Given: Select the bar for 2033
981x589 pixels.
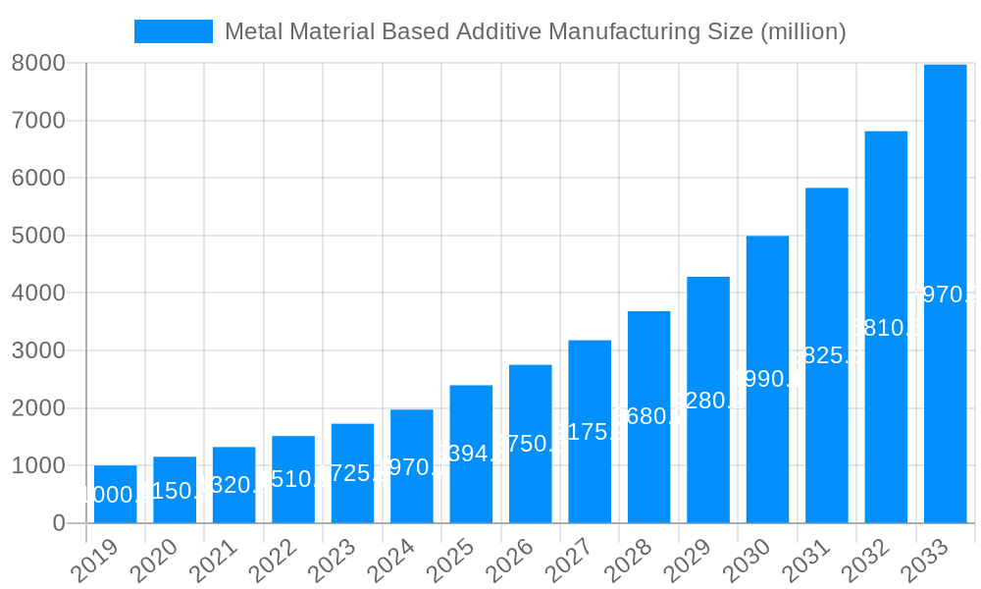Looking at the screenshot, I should click(945, 294).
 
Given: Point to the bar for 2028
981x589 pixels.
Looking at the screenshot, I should click(648, 416).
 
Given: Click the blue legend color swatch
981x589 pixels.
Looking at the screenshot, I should click(174, 31).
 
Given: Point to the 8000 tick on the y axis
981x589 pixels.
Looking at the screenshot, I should click(38, 63).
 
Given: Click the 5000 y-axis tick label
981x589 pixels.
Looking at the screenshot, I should click(38, 236).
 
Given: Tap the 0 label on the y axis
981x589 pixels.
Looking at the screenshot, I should click(58, 523).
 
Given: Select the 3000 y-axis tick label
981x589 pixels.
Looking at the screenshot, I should click(38, 350).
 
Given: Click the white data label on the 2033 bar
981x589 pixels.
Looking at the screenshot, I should click(945, 294).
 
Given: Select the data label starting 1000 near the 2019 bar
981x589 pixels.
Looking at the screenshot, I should click(114, 495).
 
